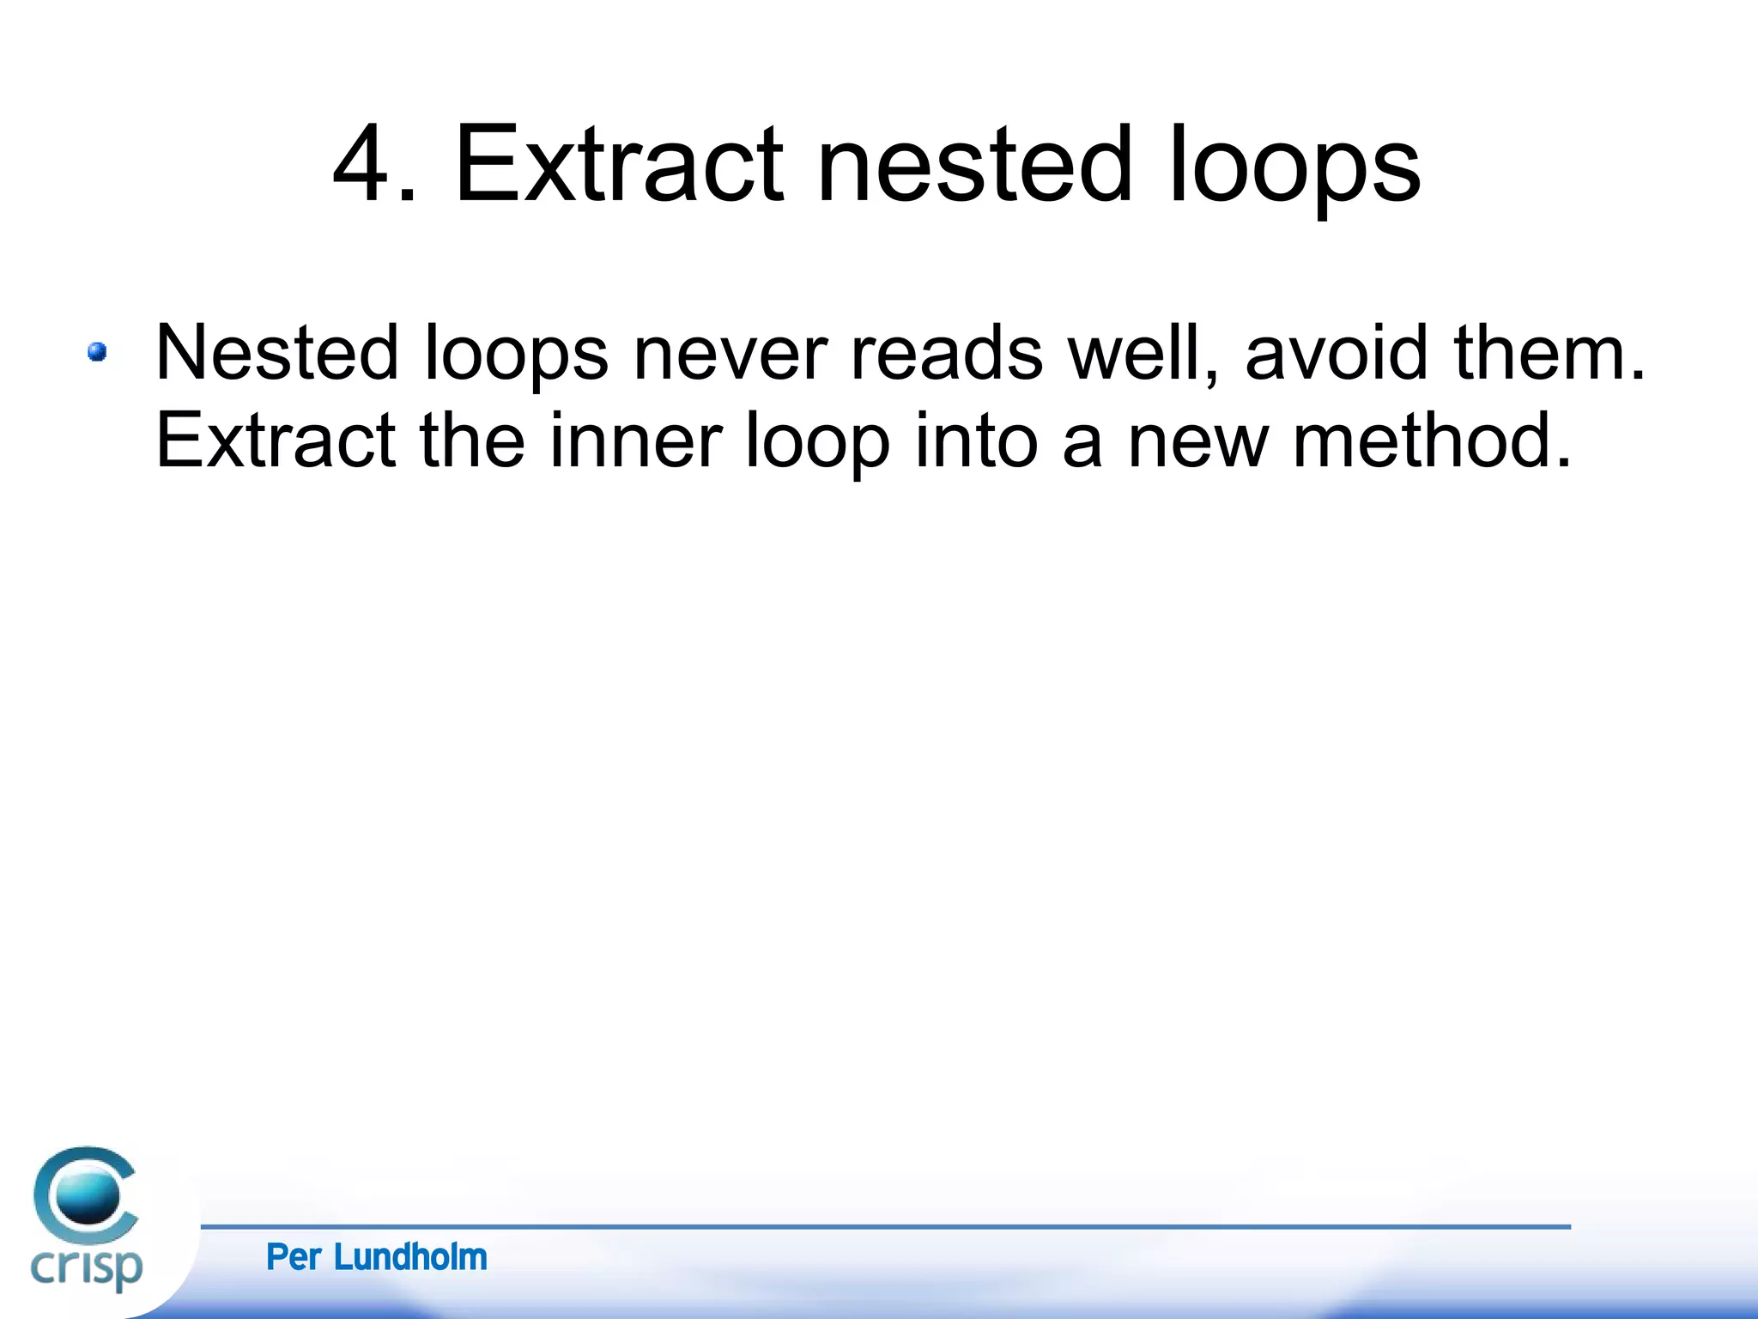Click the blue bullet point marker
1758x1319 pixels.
click(x=97, y=352)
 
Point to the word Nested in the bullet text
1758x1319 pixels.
click(x=277, y=352)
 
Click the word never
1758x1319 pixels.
click(x=730, y=354)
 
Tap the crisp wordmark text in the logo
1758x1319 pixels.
click(x=86, y=1266)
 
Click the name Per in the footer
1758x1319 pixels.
click(x=294, y=1257)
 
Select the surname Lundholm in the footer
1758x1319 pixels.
click(x=410, y=1257)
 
